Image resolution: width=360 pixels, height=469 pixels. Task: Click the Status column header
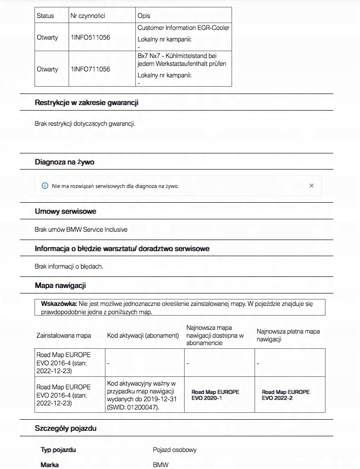(45, 16)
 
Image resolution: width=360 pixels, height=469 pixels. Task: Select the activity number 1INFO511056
(90, 37)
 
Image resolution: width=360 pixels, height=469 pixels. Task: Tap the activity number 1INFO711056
(90, 69)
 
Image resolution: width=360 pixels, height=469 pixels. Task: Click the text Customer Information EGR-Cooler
(183, 28)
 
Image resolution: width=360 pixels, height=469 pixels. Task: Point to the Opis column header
(144, 16)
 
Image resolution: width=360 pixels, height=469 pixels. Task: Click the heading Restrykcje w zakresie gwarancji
(87, 102)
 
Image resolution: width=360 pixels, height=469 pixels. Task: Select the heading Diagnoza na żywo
(64, 162)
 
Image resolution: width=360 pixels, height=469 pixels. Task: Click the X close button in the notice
(312, 186)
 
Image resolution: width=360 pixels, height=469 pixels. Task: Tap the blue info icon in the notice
(45, 186)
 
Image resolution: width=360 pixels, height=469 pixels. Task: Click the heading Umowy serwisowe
(65, 211)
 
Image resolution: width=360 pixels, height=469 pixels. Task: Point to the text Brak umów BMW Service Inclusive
(81, 229)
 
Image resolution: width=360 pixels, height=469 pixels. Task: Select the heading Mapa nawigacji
(60, 286)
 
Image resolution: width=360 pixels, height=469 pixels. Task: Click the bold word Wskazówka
(58, 304)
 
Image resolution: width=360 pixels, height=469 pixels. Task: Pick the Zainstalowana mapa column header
(64, 335)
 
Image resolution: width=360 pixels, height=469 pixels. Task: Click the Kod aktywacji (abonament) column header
(143, 335)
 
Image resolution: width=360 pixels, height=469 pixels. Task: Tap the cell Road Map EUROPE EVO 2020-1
(215, 395)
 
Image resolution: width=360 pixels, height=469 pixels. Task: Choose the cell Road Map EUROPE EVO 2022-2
(285, 395)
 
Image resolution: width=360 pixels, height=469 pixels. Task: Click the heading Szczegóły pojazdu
(65, 428)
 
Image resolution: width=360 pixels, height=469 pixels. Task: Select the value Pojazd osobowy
(174, 450)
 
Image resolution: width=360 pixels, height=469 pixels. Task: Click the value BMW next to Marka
(161, 465)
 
